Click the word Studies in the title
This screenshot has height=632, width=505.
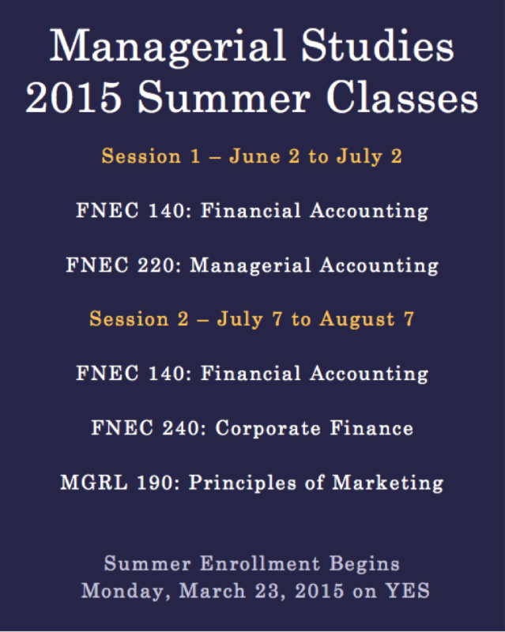[x=378, y=46]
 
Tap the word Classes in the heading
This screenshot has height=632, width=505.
[x=401, y=97]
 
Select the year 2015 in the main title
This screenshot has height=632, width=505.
[x=73, y=97]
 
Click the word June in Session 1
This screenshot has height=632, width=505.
[x=254, y=156]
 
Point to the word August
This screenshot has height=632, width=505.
[x=357, y=320]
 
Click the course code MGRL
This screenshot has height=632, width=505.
[x=93, y=483]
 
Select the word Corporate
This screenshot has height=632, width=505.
[x=268, y=428]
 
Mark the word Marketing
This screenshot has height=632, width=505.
[x=387, y=483]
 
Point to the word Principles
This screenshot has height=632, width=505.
[x=243, y=483]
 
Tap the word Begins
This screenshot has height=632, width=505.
[x=364, y=564]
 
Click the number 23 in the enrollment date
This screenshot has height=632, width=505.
[x=269, y=591]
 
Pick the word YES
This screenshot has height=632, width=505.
[x=407, y=591]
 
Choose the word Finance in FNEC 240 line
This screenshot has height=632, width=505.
[x=371, y=428]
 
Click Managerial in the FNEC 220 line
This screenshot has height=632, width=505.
[x=251, y=266]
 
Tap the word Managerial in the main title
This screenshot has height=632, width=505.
[x=168, y=47]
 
